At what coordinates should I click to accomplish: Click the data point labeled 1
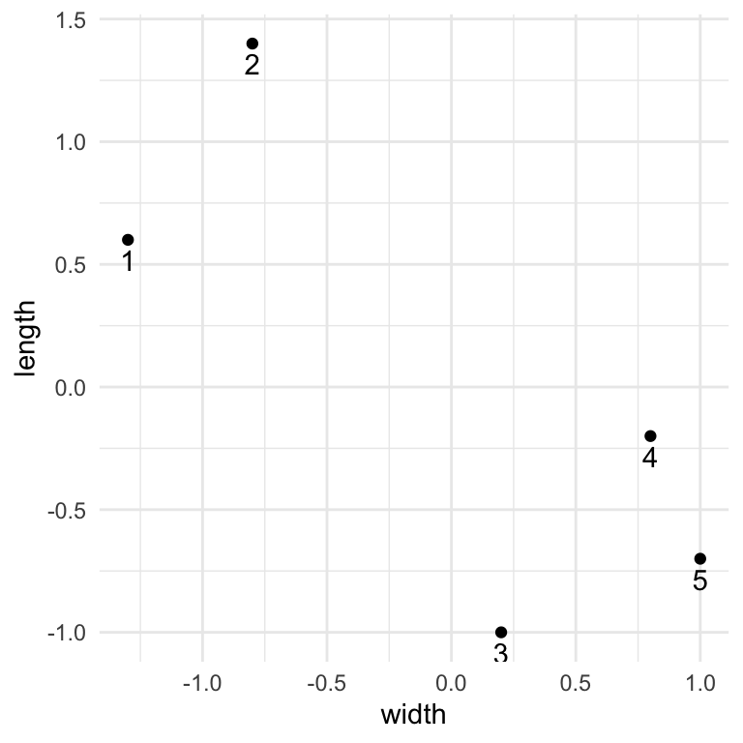click(x=128, y=240)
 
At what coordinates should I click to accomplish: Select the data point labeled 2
click(x=253, y=44)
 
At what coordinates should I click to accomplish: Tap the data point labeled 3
click(x=501, y=633)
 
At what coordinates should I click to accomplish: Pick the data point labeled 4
click(x=650, y=436)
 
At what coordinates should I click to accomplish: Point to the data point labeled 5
click(x=700, y=559)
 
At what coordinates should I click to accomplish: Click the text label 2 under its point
click(x=253, y=66)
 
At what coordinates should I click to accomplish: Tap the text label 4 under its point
click(x=650, y=459)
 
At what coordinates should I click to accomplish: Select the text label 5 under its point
click(x=700, y=581)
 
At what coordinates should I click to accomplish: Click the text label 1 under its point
click(x=128, y=262)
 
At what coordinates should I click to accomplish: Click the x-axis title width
click(x=414, y=717)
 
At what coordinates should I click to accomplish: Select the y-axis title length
click(x=26, y=339)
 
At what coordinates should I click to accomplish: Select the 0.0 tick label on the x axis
click(x=451, y=684)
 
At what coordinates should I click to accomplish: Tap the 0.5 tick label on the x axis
click(x=576, y=684)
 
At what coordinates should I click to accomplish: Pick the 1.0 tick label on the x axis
click(x=700, y=684)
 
